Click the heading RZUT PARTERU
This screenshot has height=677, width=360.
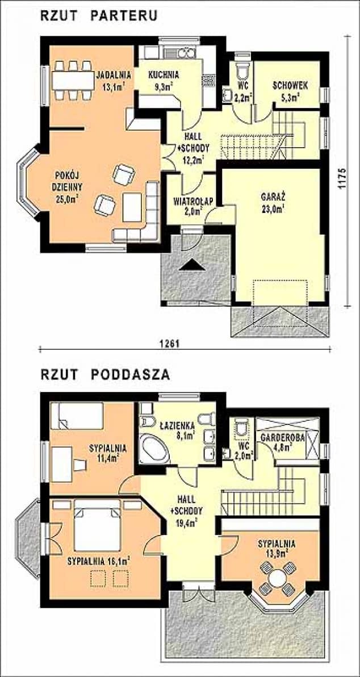pos(99,16)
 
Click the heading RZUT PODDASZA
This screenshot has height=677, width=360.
pos(105,374)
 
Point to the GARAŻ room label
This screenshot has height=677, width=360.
pos(270,198)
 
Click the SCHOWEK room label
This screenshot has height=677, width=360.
pos(290,85)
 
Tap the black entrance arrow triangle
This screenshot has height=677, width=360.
pos(192,265)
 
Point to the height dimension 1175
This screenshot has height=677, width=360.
pos(342,177)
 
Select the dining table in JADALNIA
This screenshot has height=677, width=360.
pos(73,80)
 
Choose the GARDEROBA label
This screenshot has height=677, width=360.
pos(283,437)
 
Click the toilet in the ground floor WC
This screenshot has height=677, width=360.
pos(242,70)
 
